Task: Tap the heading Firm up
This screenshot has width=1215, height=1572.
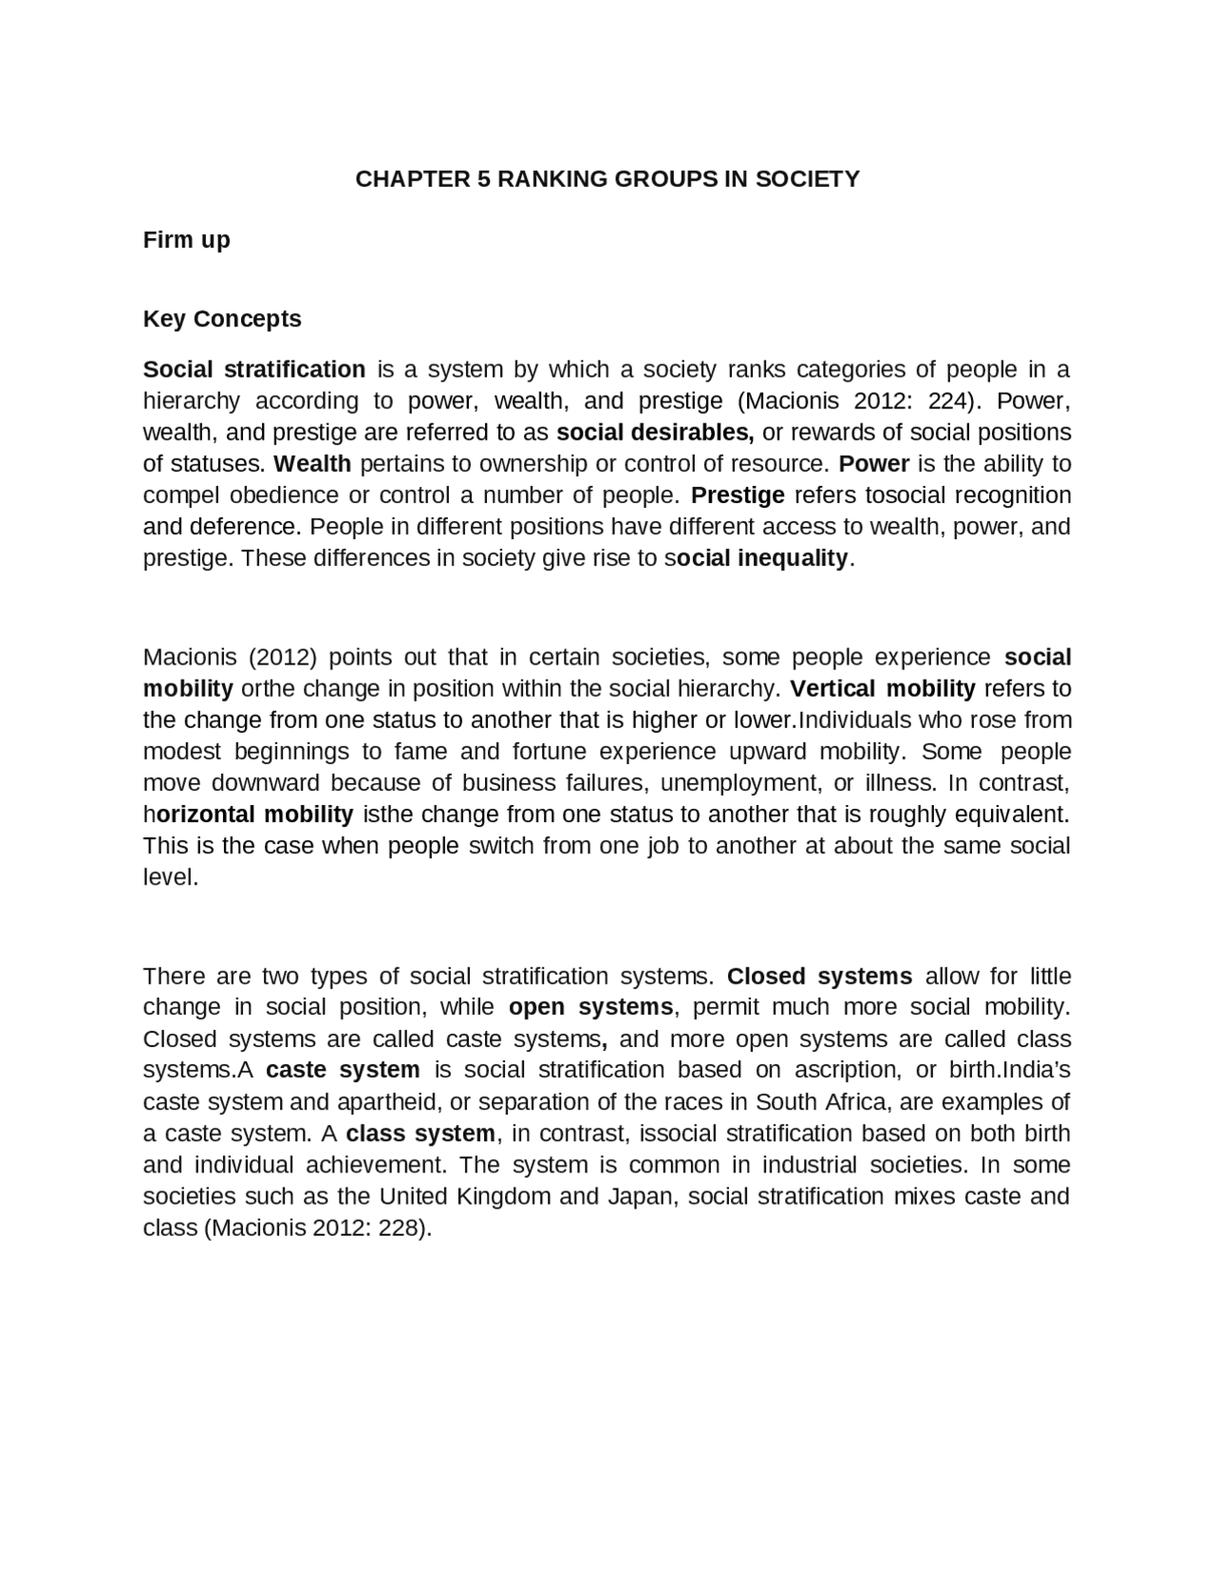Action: click(x=186, y=239)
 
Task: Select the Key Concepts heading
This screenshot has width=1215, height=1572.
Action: click(x=222, y=319)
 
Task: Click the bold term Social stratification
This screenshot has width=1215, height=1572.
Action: click(x=253, y=369)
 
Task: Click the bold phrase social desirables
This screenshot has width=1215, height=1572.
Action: click(x=654, y=433)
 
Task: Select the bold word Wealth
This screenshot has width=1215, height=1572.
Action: click(x=312, y=464)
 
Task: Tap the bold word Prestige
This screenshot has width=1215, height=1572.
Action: click(x=738, y=496)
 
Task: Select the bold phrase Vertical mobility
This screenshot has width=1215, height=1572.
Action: click(x=882, y=688)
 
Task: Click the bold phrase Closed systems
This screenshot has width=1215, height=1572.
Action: click(x=819, y=977)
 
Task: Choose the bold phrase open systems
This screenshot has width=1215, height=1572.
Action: click(x=590, y=1007)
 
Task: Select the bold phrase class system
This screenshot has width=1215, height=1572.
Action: click(x=421, y=1133)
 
